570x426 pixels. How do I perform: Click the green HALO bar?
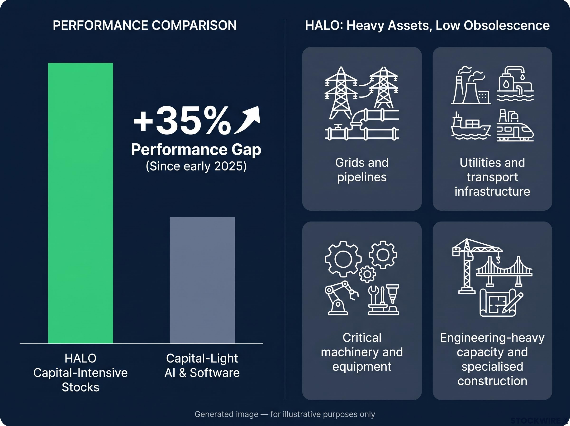80,203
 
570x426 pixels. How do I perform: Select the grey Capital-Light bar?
202,280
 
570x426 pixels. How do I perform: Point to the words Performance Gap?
196,149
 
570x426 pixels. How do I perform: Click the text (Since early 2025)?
196,166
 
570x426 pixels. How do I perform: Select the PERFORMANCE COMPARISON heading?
145,25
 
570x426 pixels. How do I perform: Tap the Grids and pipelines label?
362,170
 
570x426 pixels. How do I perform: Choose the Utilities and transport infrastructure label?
492,177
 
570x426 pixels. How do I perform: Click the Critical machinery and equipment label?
362,352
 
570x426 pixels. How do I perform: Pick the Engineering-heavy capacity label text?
492,345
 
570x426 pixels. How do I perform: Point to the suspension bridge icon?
504,271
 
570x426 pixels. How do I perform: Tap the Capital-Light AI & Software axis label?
202,365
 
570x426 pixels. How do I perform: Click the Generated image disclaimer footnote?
285,414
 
